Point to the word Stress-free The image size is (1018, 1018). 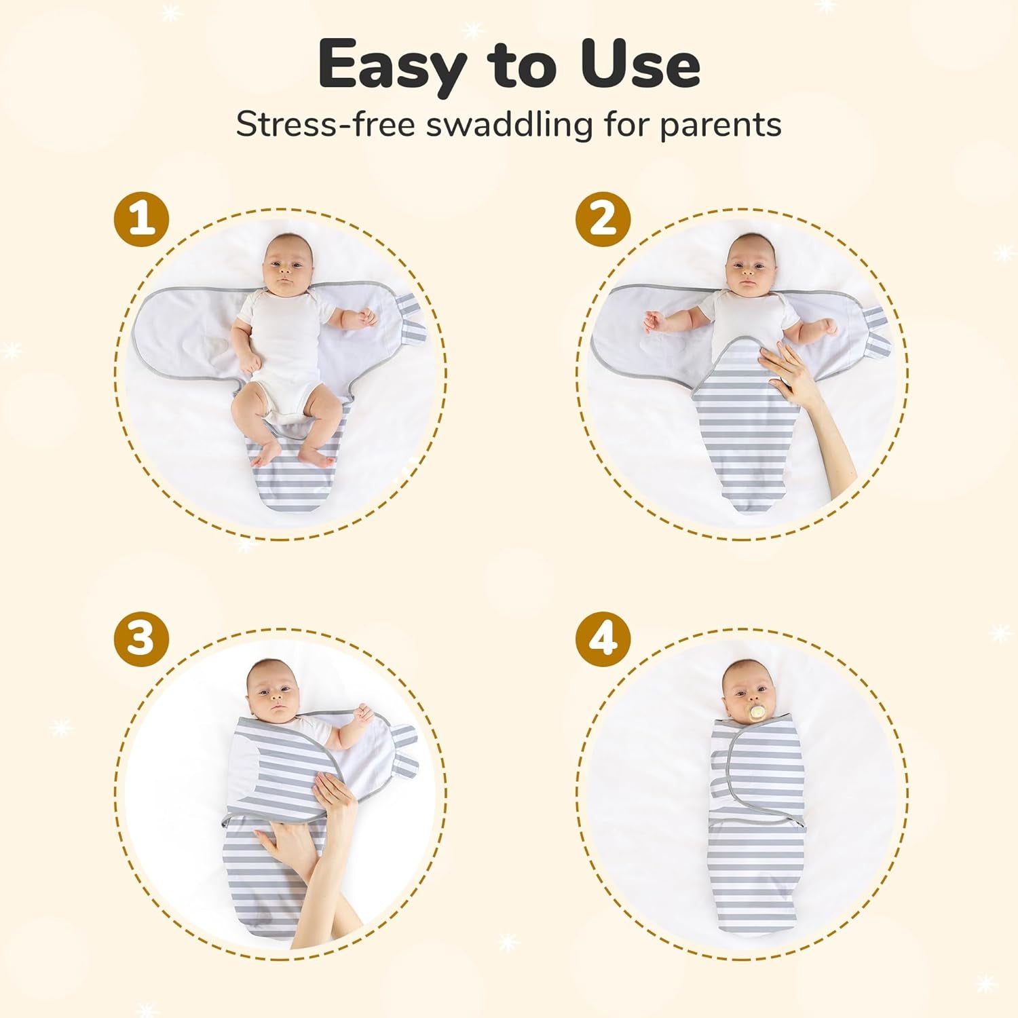click(x=325, y=125)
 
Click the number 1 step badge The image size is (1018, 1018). click(x=141, y=219)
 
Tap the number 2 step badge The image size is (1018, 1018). click(x=603, y=219)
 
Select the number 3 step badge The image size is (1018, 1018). click(x=141, y=639)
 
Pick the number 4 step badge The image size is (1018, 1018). click(x=603, y=639)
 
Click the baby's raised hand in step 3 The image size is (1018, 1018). click(x=364, y=714)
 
